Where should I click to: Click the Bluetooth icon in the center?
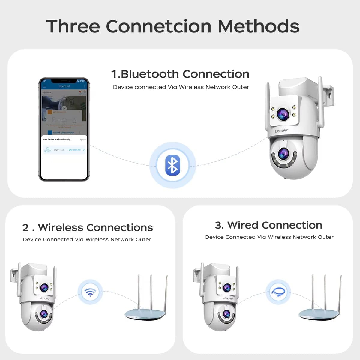click(172, 165)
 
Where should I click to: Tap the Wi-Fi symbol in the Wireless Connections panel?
click(90, 292)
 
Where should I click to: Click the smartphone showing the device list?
click(64, 130)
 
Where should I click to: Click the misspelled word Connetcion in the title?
click(159, 26)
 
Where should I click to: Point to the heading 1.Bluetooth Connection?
click(180, 74)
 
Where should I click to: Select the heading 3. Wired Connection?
click(268, 225)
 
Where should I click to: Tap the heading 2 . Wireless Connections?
click(88, 228)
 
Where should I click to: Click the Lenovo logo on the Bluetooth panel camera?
click(281, 130)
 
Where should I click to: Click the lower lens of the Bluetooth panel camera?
click(283, 154)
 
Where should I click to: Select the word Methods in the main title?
click(259, 26)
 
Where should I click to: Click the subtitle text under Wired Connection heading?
click(269, 237)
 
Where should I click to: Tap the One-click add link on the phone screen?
click(75, 150)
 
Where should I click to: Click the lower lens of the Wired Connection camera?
click(226, 314)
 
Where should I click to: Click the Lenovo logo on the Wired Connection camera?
click(228, 298)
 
